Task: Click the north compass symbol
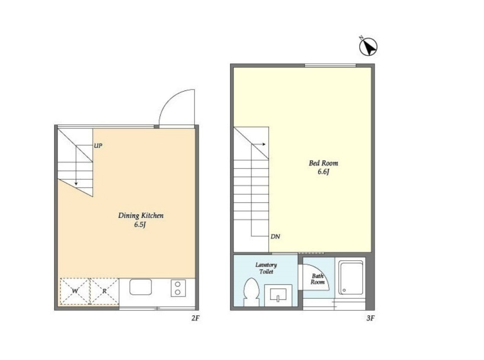pyautogui.click(x=368, y=46)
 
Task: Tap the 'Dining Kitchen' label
pyautogui.click(x=141, y=216)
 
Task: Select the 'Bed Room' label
pyautogui.click(x=323, y=163)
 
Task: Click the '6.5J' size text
pyautogui.click(x=140, y=225)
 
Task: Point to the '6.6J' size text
pyautogui.click(x=323, y=172)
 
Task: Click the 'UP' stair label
pyautogui.click(x=98, y=146)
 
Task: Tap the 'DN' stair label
pyautogui.click(x=275, y=236)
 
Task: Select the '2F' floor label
pyautogui.click(x=196, y=318)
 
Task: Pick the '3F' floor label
pyautogui.click(x=370, y=318)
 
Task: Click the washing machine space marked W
pyautogui.click(x=75, y=291)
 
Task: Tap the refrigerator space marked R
pyautogui.click(x=104, y=291)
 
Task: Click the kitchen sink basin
pyautogui.click(x=141, y=287)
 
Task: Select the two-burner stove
pyautogui.click(x=178, y=288)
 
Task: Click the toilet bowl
pyautogui.click(x=251, y=292)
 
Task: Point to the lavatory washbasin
pyautogui.click(x=278, y=295)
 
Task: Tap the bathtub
pyautogui.click(x=350, y=279)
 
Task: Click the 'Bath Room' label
pyautogui.click(x=318, y=279)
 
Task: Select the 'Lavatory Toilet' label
pyautogui.click(x=266, y=268)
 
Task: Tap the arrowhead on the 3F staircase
pyautogui.click(x=264, y=144)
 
